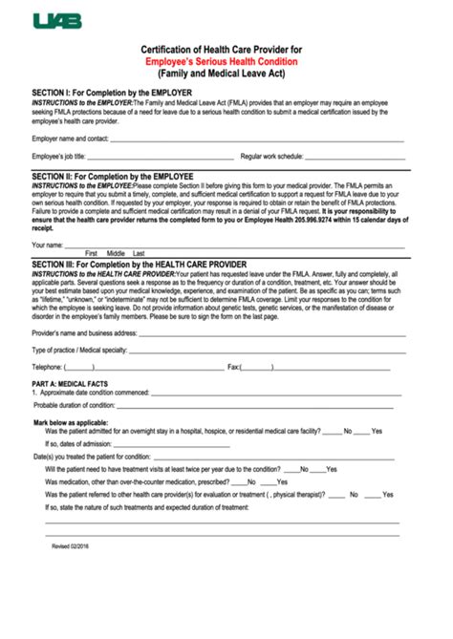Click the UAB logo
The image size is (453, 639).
(58, 19)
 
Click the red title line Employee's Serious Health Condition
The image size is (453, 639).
(226, 60)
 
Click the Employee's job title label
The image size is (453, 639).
(64, 155)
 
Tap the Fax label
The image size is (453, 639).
(232, 367)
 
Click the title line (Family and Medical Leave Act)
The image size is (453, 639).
(226, 72)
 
